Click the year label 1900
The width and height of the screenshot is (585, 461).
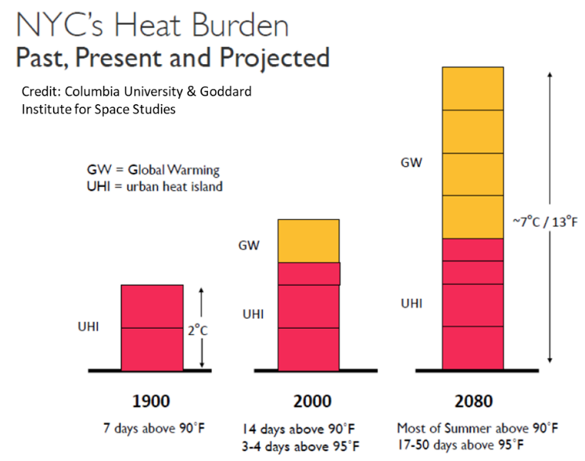pyautogui.click(x=152, y=402)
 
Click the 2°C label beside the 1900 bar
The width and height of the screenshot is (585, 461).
pyautogui.click(x=197, y=330)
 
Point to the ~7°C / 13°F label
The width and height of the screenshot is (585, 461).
pyautogui.click(x=544, y=221)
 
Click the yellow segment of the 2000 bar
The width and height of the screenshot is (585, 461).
pyautogui.click(x=308, y=240)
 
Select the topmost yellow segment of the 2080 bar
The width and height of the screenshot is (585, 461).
pyautogui.click(x=472, y=89)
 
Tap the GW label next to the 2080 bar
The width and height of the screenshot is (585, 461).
pyautogui.click(x=411, y=163)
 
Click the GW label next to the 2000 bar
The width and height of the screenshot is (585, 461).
pyautogui.click(x=249, y=246)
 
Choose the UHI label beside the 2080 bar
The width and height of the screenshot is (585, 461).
pyautogui.click(x=411, y=303)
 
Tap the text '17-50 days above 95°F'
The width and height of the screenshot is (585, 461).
pyautogui.click(x=460, y=445)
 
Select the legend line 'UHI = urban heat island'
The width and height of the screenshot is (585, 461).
pyautogui.click(x=155, y=186)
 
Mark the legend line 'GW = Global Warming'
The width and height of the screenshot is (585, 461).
pyautogui.click(x=153, y=169)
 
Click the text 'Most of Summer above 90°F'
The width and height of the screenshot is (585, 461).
pyautogui.click(x=477, y=428)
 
